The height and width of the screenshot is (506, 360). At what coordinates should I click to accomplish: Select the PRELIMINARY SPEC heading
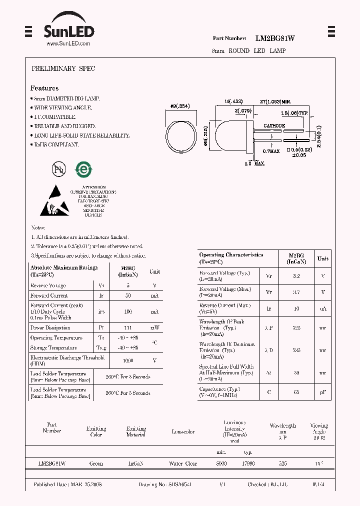point(63,68)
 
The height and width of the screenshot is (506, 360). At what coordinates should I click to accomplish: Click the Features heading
point(44,88)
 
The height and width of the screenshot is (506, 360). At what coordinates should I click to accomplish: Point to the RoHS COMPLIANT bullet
point(56,144)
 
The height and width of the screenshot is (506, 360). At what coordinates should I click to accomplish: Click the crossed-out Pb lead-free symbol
point(59,169)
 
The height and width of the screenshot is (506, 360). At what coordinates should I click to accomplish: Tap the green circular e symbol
point(82,169)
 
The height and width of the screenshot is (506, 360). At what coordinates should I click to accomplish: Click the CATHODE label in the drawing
point(274,126)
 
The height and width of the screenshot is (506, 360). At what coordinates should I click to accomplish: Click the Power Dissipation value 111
point(128,328)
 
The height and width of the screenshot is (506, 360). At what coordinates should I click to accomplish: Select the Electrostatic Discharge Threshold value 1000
point(128,360)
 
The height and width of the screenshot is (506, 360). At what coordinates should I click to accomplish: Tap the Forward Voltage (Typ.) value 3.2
point(296,275)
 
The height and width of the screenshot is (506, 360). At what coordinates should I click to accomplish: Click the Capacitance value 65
point(296,392)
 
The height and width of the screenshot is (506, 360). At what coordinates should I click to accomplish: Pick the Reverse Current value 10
point(296,308)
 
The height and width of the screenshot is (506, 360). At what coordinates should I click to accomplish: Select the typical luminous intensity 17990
point(248,463)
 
